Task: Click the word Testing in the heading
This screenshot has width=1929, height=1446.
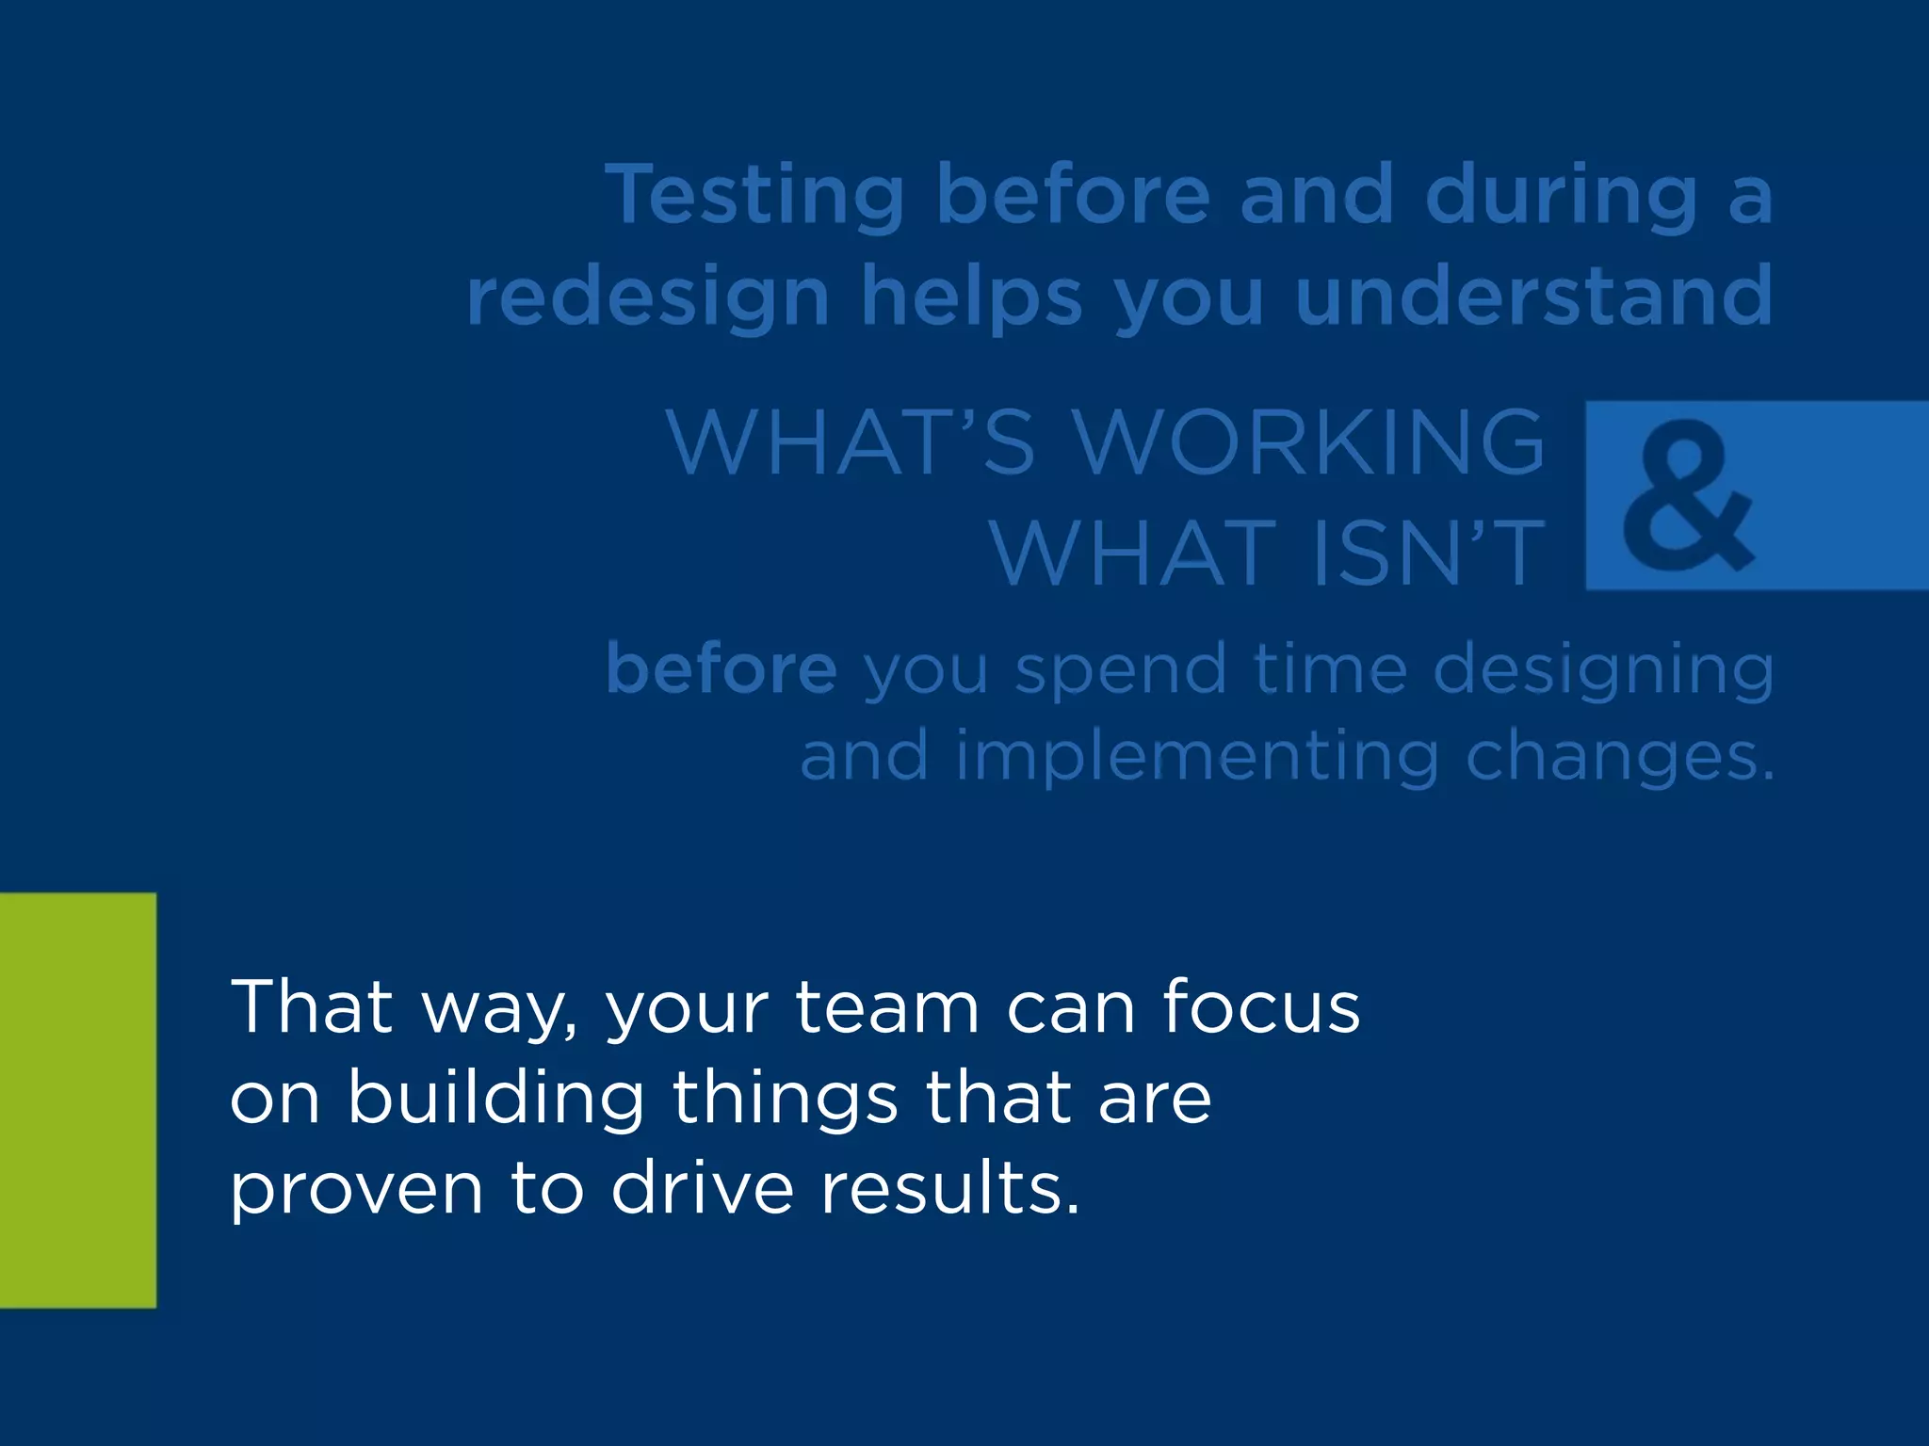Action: (754, 196)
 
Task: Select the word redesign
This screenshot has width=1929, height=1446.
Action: (648, 297)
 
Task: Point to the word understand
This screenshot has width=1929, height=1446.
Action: (1533, 296)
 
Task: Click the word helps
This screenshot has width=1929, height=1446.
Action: (972, 297)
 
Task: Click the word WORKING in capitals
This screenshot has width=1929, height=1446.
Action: (1309, 442)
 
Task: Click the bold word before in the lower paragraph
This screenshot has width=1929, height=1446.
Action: (721, 668)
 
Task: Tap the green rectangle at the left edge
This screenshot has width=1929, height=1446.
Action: (77, 1100)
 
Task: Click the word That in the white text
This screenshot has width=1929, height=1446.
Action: (311, 1007)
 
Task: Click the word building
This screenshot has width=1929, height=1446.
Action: (495, 1098)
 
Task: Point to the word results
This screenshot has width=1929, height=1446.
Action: (949, 1188)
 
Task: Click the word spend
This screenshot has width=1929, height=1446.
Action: (1121, 670)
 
